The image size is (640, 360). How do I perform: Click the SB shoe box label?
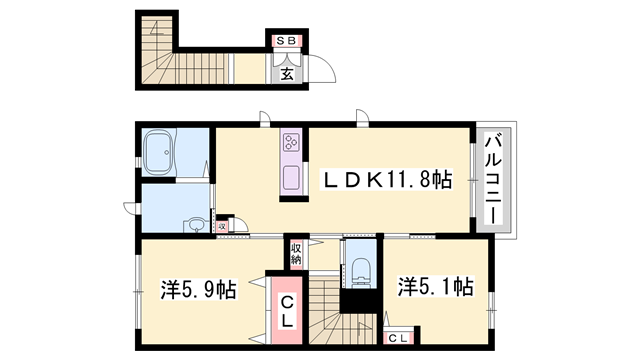pos(285,41)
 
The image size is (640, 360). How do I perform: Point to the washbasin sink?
pos(197,224)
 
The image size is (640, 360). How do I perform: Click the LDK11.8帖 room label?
pos(385,181)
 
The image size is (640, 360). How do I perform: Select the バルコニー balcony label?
pos(493,180)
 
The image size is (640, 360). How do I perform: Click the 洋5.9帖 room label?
pos(198,291)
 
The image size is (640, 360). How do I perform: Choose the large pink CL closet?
pos(285,311)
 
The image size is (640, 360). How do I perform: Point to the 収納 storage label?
pos(297,252)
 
